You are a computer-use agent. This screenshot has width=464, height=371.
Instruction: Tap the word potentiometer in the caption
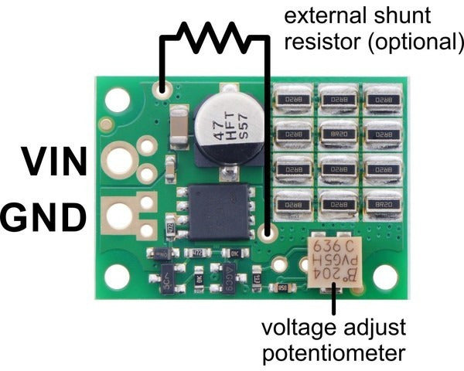coord(333,354)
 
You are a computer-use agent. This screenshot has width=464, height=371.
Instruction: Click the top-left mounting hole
coord(118,98)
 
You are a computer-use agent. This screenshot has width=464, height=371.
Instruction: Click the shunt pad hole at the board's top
coord(163,91)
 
